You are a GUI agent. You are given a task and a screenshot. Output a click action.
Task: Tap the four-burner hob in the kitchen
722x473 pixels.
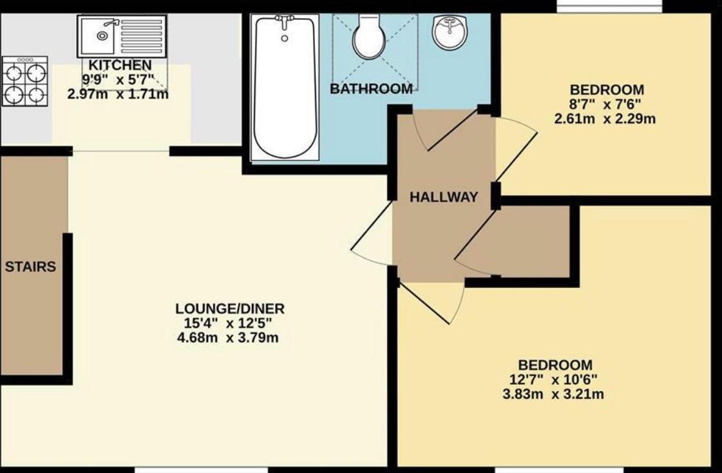coord(24,81)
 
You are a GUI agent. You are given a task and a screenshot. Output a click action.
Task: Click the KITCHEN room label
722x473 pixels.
coord(120,65)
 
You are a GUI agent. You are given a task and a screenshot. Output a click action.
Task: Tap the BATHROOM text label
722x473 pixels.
coord(371,89)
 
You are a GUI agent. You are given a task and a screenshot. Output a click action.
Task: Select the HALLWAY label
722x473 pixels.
coord(444,197)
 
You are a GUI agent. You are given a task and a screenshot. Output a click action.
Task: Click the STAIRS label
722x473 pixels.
coord(30,267)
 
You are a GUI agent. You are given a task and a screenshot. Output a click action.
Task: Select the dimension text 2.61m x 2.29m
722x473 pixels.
coord(605,119)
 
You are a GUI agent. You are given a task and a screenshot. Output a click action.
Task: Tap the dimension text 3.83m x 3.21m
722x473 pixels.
coord(553,394)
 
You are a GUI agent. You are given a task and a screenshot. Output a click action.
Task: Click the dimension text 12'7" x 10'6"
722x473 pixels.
coord(553,380)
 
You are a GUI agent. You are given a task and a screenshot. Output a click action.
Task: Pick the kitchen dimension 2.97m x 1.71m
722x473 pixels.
coord(118,94)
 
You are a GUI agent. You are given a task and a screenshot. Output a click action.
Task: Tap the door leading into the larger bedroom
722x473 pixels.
coord(432,303)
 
